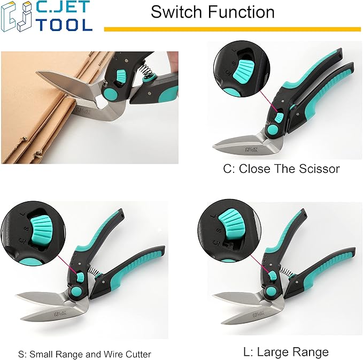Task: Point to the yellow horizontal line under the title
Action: [x=233, y=29]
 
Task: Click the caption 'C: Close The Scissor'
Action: [x=281, y=169]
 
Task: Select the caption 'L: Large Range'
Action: [x=284, y=351]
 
